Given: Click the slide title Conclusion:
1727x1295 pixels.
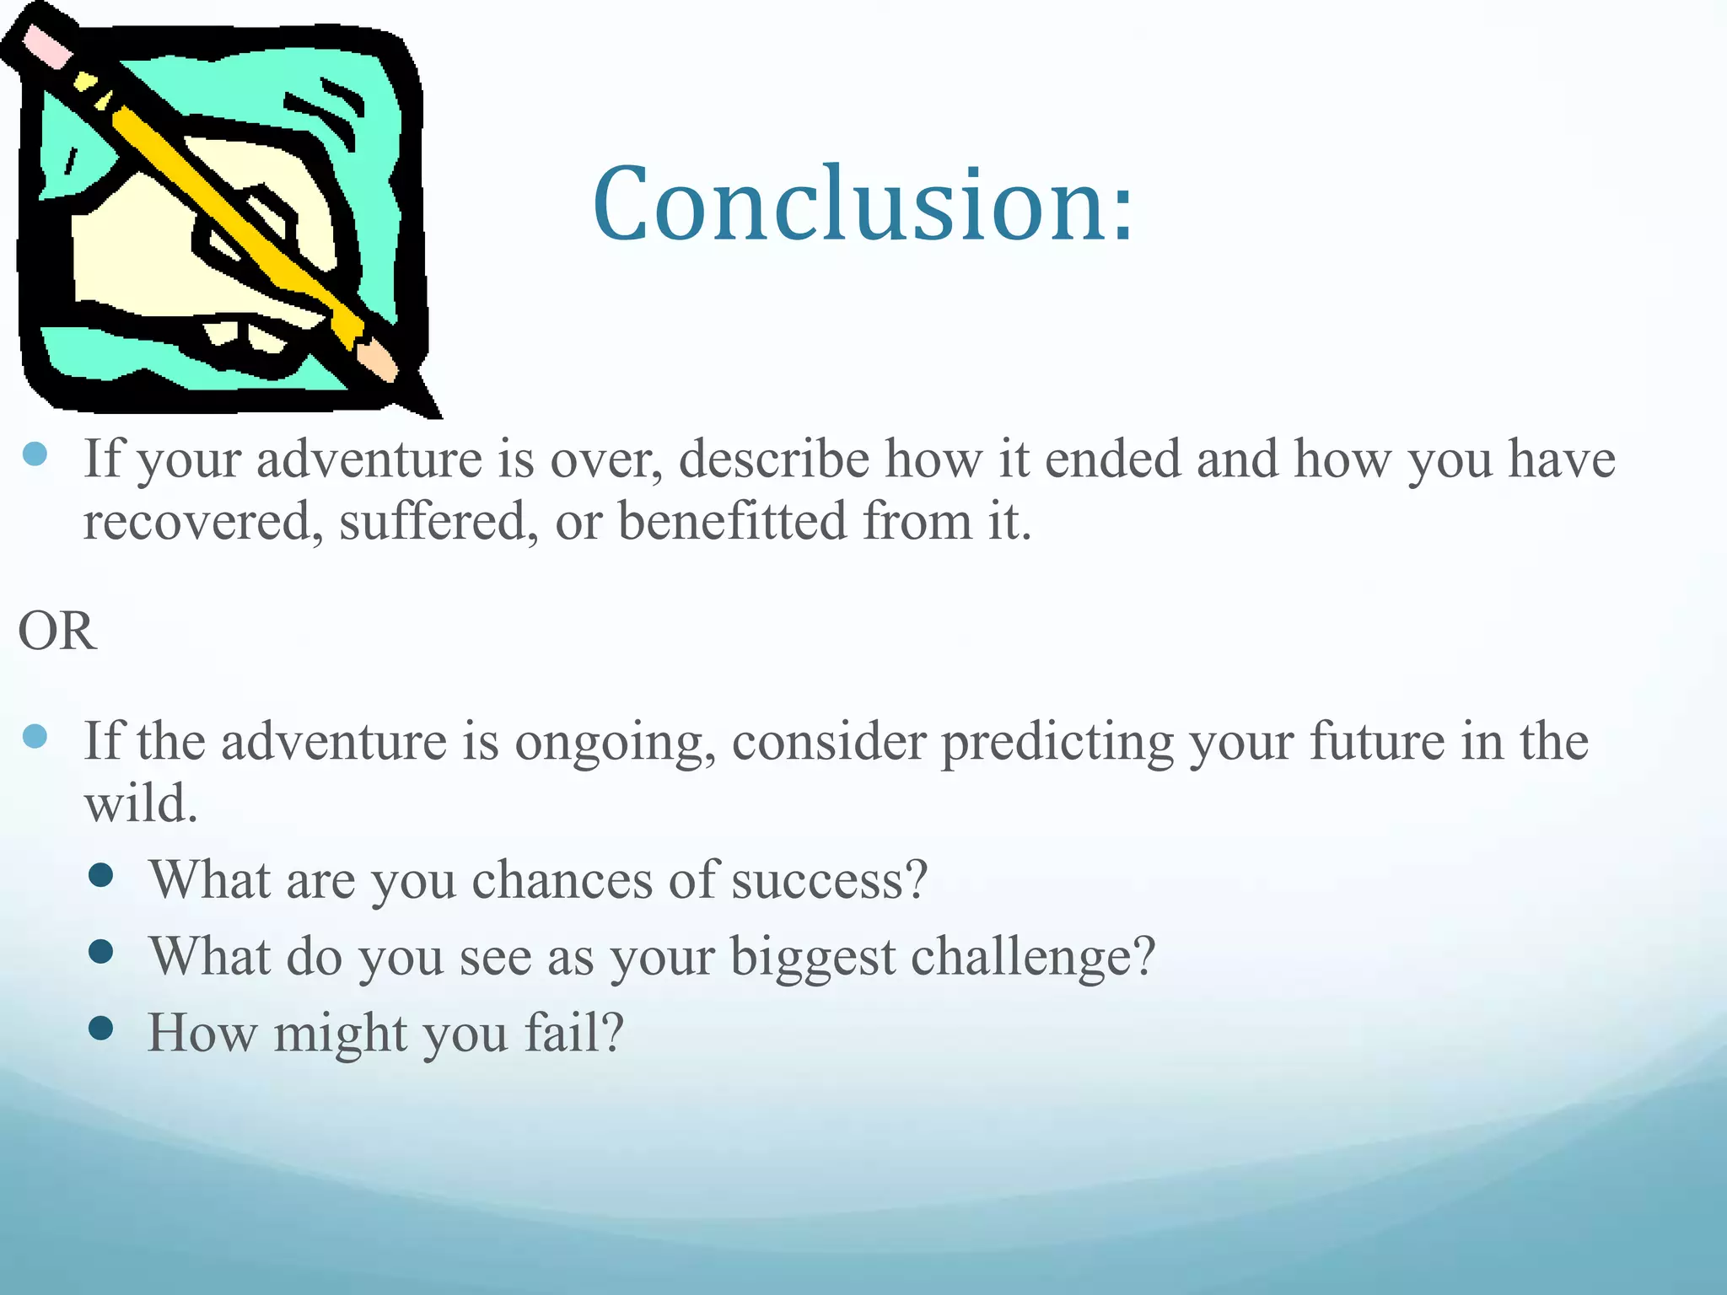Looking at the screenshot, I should pos(863,205).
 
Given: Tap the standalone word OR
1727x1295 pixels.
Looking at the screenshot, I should pos(57,631).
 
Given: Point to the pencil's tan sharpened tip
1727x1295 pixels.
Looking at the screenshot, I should pos(379,361).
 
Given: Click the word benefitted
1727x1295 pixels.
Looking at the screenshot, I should pos(732,520).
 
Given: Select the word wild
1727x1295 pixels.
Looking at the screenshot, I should pos(141,803).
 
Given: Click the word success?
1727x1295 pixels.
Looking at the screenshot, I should pos(829,880).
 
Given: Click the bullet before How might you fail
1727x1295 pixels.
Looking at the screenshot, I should pos(100,1029).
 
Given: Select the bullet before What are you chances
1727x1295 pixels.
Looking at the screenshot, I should pos(100,875).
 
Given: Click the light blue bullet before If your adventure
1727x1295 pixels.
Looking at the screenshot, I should pos(35,455).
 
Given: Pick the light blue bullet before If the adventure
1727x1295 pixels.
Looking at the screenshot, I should pos(35,738).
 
